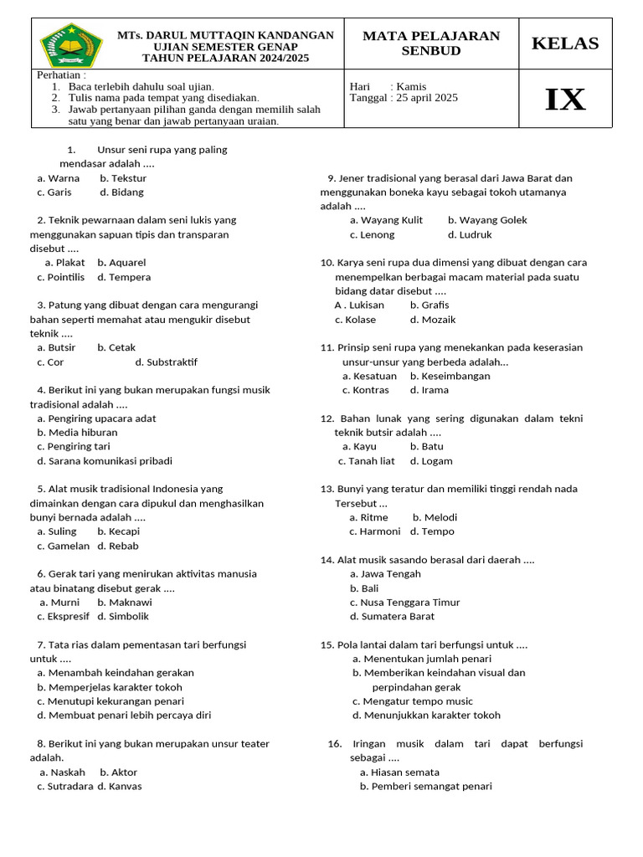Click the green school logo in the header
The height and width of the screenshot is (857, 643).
point(72,44)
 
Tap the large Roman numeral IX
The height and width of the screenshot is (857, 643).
point(565,100)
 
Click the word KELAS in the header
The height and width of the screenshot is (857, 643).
point(565,44)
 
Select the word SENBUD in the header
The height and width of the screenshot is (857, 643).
point(430,51)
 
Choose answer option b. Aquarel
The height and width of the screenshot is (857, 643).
point(121,263)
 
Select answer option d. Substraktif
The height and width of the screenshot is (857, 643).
point(166,362)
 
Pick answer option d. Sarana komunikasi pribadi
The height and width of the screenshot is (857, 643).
point(105,461)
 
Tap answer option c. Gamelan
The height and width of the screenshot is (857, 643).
point(63,546)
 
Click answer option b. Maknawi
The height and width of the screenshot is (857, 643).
point(124,603)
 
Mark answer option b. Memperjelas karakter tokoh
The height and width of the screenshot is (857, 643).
point(109,687)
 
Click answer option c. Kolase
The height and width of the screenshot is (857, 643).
point(355,320)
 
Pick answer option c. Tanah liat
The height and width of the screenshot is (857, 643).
point(366,461)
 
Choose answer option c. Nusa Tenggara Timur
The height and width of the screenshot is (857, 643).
point(404,603)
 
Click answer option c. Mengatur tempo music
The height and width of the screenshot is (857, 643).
point(412,701)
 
